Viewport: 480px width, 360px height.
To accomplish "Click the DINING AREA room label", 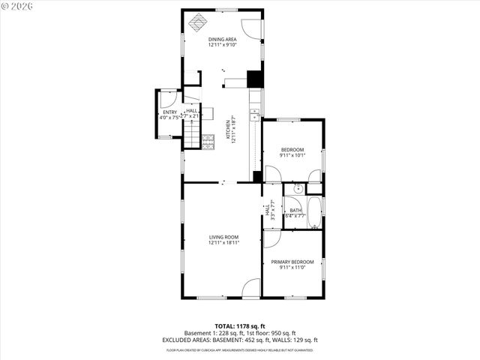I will point(222,39).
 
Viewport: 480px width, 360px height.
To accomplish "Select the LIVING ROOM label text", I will point(223,237).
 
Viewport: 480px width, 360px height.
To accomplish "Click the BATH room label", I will point(295,211).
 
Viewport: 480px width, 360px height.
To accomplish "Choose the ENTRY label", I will point(169,112).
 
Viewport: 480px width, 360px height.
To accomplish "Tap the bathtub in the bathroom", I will point(315,212).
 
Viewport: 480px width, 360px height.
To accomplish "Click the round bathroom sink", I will point(297,188).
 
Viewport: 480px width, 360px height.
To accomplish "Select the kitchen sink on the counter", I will point(255,114).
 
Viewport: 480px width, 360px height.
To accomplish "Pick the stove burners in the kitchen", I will point(208,139).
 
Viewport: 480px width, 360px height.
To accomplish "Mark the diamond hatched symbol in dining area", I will point(197,20).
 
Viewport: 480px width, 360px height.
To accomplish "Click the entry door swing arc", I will point(169,98).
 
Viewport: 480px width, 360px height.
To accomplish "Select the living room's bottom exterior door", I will point(252,288).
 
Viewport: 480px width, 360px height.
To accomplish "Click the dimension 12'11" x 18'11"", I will point(223,243).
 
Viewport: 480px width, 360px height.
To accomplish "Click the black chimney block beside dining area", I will point(254,79).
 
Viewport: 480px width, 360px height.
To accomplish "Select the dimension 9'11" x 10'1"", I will point(292,156).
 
